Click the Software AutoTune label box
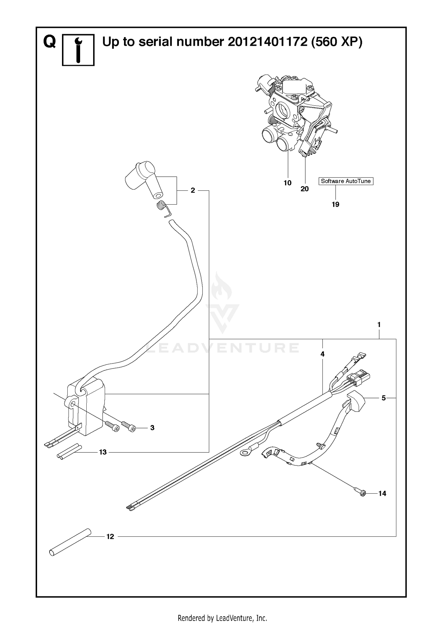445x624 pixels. click(x=346, y=181)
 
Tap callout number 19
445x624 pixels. click(x=336, y=204)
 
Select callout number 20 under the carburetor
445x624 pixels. click(x=305, y=189)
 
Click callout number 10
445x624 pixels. click(x=287, y=183)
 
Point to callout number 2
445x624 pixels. click(x=193, y=190)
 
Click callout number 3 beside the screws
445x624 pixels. click(x=152, y=428)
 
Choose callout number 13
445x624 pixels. click(x=103, y=452)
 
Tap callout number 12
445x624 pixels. click(x=110, y=536)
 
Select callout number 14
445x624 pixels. click(x=382, y=493)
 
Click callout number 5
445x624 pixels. click(x=384, y=398)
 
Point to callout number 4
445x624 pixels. click(x=322, y=354)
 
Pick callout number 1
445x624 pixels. click(x=379, y=325)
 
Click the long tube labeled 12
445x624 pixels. click(x=70, y=542)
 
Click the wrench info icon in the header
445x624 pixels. click(x=78, y=50)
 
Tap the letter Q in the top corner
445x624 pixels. click(x=50, y=42)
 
